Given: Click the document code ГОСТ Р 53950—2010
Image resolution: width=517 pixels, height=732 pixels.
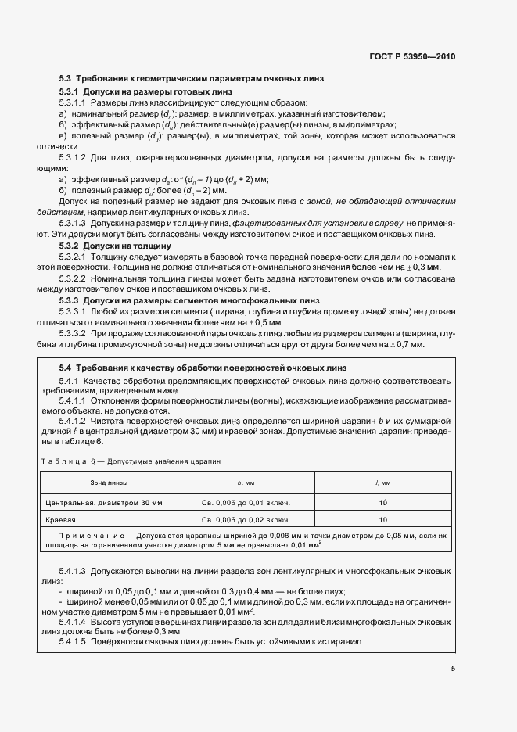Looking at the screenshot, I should coord(412,56).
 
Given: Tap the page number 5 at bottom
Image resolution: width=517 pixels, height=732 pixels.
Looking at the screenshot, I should coord(453,668).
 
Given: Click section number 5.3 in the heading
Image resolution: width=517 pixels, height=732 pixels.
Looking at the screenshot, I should coord(65,78).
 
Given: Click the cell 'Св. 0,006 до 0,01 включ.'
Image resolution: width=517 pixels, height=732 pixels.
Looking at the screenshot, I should coord(246,500).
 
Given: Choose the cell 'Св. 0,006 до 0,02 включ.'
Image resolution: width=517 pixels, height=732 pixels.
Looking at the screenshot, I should coord(246,518).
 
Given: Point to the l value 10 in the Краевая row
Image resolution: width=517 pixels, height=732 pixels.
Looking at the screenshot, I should coord(383,518).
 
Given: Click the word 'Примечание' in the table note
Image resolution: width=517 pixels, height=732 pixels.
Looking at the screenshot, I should coord(84,536).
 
